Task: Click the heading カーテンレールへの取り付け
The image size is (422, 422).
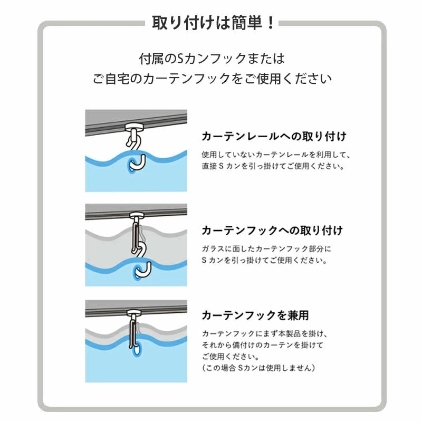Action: point(274,136)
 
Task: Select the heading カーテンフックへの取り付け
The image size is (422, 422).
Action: point(272,231)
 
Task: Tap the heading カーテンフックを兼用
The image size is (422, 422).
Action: point(255,315)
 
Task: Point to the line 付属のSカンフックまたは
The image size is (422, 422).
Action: point(212,57)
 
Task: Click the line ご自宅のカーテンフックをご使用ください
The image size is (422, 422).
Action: point(212,79)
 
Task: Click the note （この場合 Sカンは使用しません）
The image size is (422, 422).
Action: point(258,367)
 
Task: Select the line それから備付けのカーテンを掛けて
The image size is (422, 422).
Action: point(262,345)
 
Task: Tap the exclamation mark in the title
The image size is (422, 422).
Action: point(271,23)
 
